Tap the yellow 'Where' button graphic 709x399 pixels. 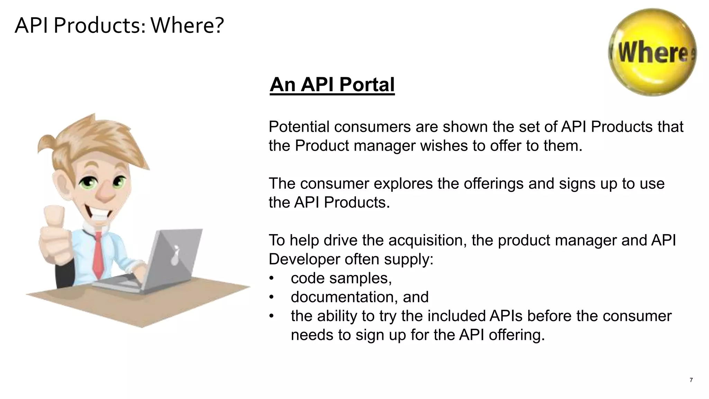click(653, 53)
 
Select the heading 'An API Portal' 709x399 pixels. click(332, 85)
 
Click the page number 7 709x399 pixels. click(691, 380)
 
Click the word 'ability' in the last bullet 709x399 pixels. click(337, 316)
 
